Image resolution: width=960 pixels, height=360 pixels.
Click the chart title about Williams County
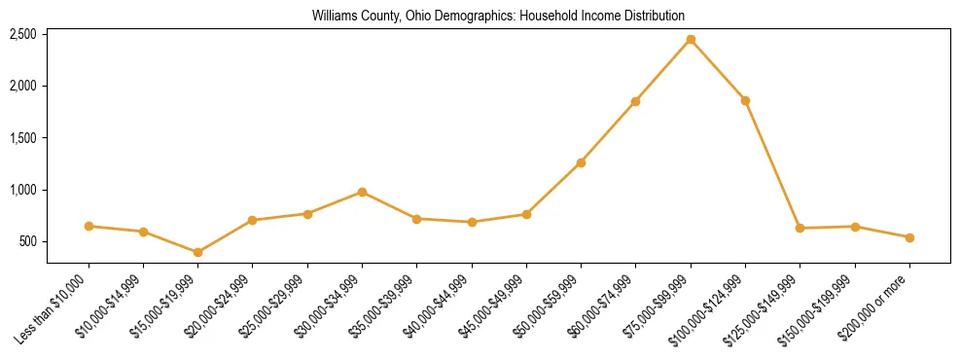498,16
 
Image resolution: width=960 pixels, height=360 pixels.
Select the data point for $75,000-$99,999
691,40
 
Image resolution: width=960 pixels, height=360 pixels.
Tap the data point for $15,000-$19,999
198,252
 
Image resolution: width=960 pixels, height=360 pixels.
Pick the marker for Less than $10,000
89,226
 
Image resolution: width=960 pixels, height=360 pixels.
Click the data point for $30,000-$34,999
362,192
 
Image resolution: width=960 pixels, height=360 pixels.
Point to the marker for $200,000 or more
909,237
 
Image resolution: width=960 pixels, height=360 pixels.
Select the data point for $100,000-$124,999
745,100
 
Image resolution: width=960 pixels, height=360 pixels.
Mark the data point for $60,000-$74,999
635,101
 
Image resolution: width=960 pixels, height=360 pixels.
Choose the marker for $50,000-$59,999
581,162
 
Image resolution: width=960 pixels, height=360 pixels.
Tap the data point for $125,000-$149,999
800,228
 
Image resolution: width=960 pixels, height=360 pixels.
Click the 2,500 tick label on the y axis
22,34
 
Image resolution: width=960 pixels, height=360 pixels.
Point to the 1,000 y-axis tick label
22,190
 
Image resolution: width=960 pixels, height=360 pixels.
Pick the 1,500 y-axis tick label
22,138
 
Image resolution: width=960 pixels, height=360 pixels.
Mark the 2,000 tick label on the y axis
22,86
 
